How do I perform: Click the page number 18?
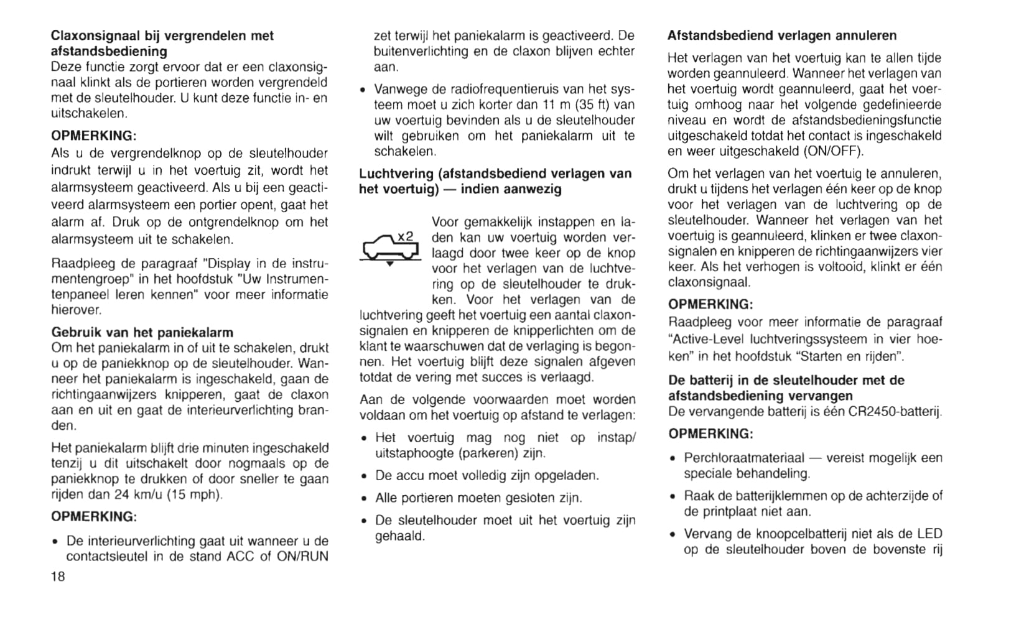[x=58, y=577]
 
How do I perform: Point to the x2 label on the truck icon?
[x=405, y=236]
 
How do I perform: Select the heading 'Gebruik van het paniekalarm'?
[x=142, y=332]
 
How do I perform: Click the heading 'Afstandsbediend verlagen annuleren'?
[x=782, y=35]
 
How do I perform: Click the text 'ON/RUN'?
[x=302, y=557]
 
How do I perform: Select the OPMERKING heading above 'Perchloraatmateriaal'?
[x=710, y=434]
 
